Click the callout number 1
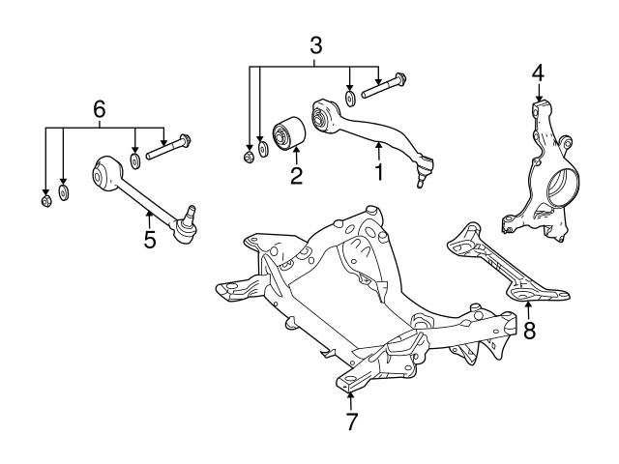click(380, 173)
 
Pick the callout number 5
click(150, 239)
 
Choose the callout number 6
click(99, 109)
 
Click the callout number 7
click(351, 421)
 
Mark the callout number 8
click(529, 330)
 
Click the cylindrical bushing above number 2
click(288, 132)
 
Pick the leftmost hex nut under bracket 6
click(45, 201)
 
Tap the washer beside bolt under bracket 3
click(351, 99)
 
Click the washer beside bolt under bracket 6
click(135, 158)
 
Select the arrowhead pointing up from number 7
click(351, 391)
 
